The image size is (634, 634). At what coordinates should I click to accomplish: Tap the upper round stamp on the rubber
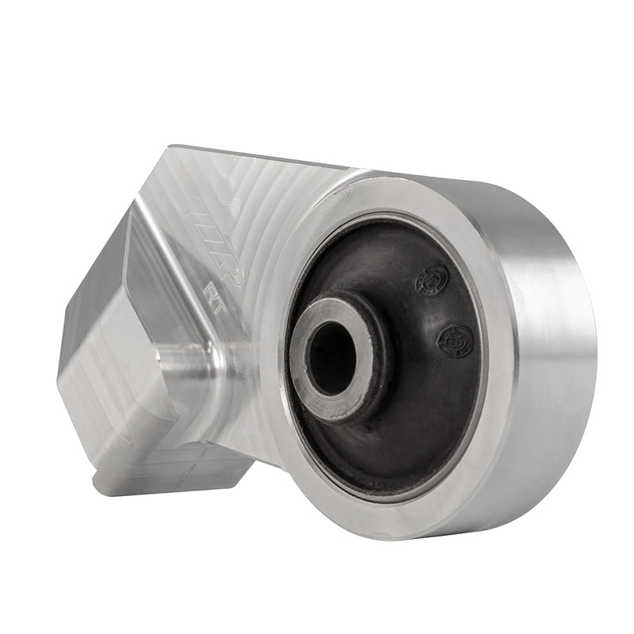coord(432,278)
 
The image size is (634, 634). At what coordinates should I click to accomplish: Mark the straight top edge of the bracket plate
coord(262,157)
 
